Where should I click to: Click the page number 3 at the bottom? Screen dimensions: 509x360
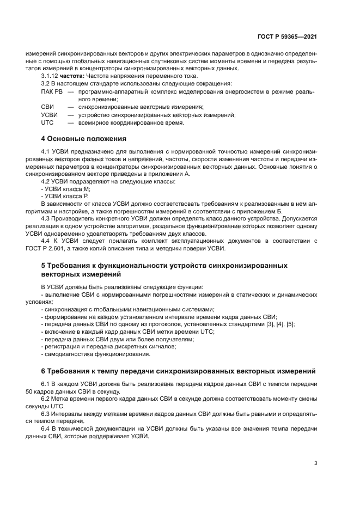pos(316,464)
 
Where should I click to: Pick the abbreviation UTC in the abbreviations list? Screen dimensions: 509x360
pos(47,122)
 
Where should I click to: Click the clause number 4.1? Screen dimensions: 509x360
pos(46,150)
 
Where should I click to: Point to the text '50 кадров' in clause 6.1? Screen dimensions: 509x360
pos(39,391)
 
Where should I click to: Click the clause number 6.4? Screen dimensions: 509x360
pos(46,429)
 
